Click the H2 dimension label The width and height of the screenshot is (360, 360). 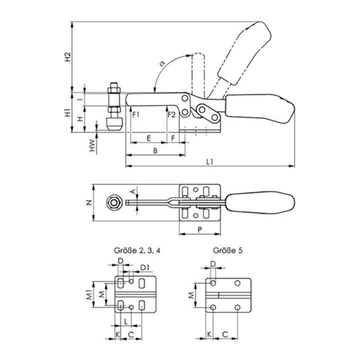68,56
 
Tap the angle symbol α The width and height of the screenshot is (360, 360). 162,63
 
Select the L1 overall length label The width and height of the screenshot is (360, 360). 209,161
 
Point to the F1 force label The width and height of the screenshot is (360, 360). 136,114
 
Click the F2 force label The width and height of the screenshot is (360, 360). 171,114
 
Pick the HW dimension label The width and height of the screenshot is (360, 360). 92,145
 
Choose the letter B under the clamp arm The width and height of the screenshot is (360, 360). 155,151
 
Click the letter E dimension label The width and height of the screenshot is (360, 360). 149,138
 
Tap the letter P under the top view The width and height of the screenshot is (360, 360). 199,229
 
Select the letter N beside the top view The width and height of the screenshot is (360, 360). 89,202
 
